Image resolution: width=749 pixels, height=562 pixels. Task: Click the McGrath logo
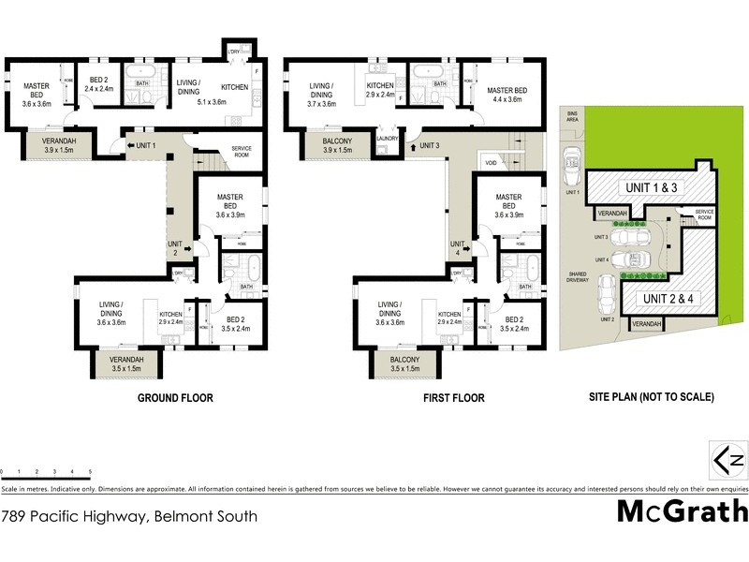click(x=683, y=510)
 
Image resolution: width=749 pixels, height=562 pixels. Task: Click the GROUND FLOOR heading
click(x=175, y=398)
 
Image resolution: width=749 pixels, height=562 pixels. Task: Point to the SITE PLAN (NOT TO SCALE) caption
click(x=652, y=397)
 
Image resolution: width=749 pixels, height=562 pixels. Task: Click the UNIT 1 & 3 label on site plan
click(x=651, y=188)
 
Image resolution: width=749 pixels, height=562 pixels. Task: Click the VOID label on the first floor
click(x=490, y=163)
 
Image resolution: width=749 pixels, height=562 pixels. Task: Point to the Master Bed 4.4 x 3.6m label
click(x=507, y=95)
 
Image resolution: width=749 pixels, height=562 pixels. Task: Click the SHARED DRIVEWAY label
click(x=578, y=278)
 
